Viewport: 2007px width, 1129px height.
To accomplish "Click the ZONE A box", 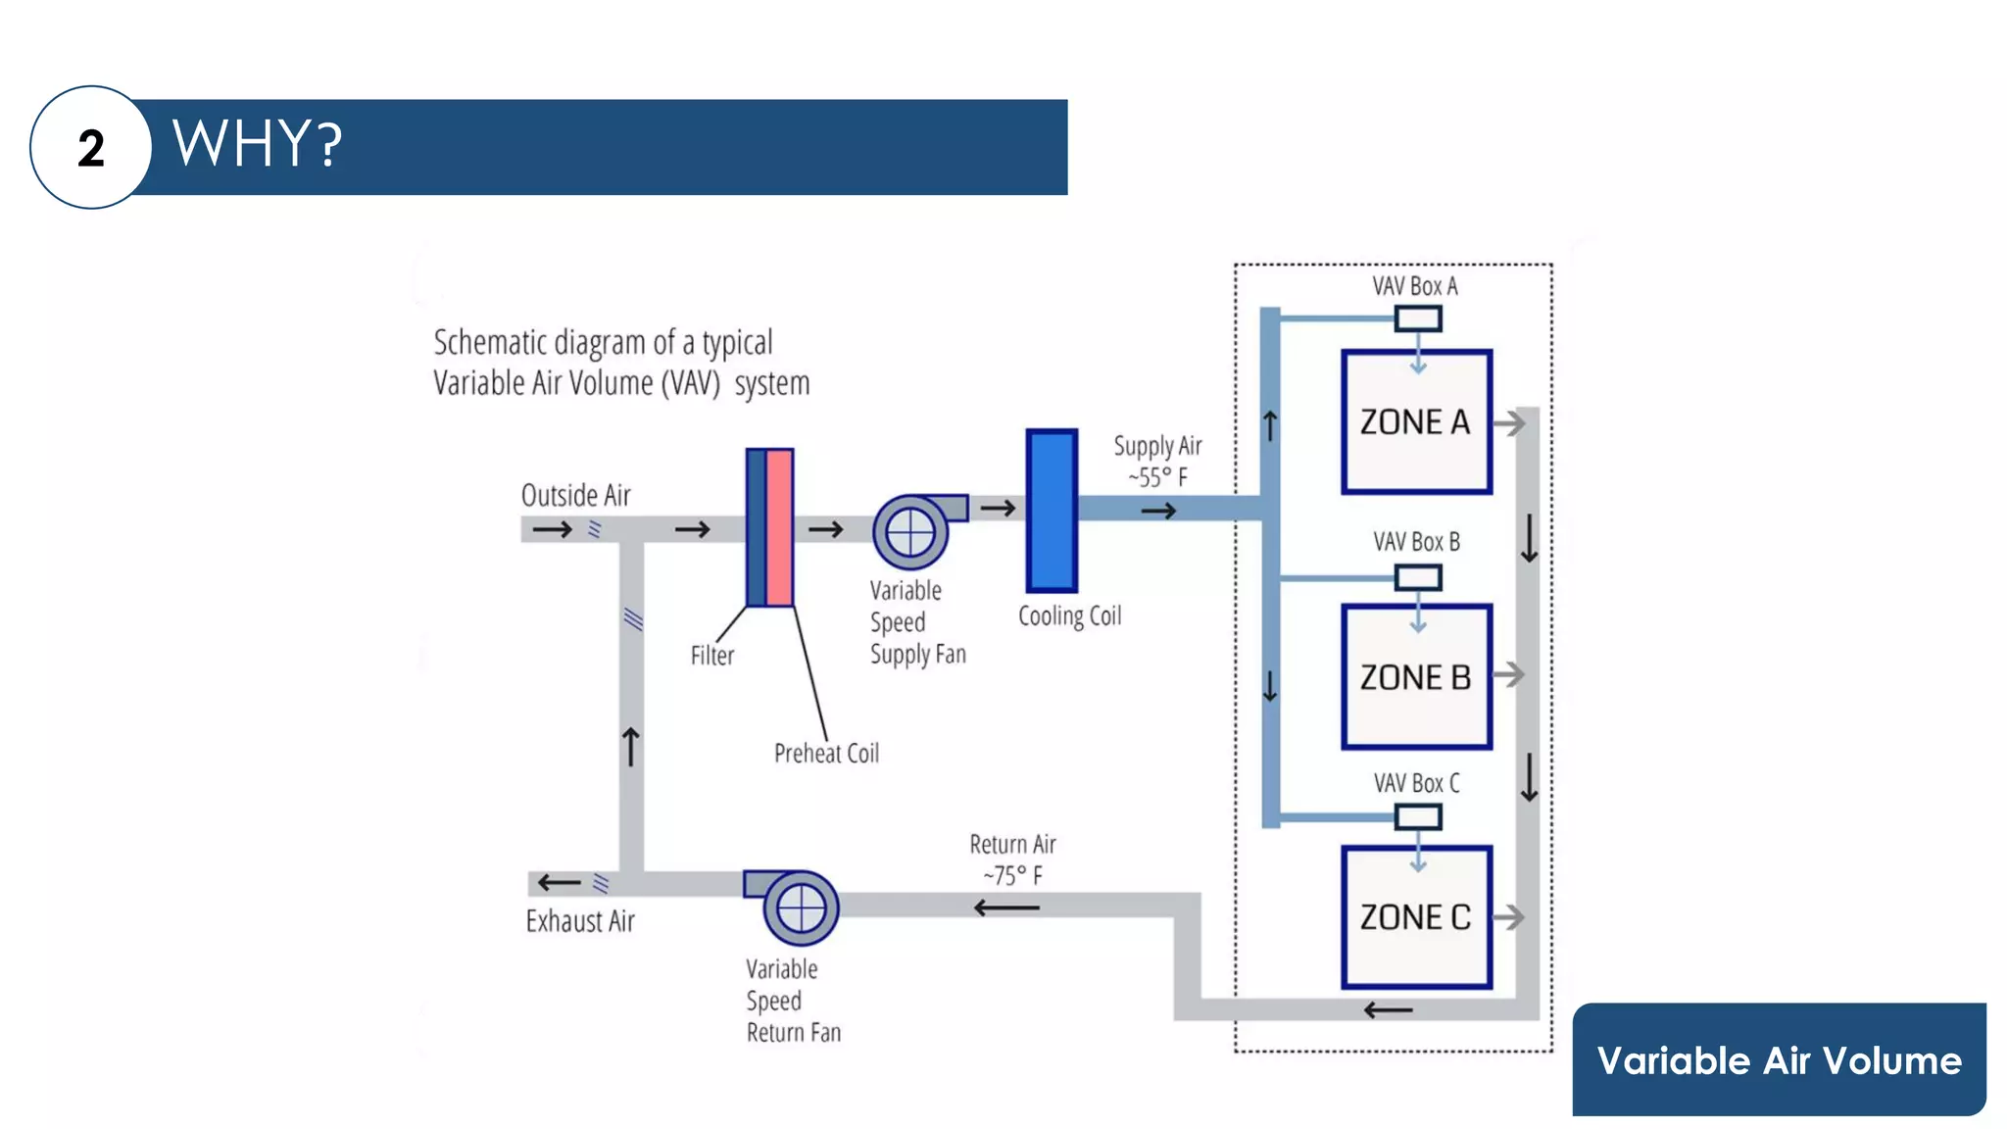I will (x=1416, y=422).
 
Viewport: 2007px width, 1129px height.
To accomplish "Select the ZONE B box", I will (x=1416, y=677).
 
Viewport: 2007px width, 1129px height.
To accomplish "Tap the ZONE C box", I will (x=1416, y=917).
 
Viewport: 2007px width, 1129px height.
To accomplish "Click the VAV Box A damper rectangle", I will (x=1418, y=319).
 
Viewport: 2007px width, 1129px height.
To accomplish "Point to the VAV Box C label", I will (x=1416, y=783).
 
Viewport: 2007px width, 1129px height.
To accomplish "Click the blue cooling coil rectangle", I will (x=1052, y=511).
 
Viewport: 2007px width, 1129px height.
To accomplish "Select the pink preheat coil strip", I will (x=780, y=527).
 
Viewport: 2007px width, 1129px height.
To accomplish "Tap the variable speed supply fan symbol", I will (x=911, y=532).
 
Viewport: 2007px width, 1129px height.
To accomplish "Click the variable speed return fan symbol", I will (x=801, y=908).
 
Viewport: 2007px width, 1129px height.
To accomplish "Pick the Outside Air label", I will (x=576, y=495).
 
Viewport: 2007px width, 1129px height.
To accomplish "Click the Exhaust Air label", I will (x=580, y=921).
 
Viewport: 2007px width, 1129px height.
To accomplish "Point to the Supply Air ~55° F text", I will (x=1157, y=462).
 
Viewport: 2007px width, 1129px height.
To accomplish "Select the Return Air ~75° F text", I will (x=1012, y=859).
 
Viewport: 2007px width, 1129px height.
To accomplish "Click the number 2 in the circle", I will (x=91, y=149).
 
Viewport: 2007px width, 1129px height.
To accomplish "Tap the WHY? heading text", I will (x=257, y=144).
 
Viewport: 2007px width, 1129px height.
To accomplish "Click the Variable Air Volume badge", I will (x=1779, y=1059).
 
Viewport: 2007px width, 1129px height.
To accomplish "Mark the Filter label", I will (x=711, y=655).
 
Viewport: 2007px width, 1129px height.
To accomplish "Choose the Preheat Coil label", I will (x=826, y=753).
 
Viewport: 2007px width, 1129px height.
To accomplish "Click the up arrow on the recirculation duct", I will (x=631, y=747).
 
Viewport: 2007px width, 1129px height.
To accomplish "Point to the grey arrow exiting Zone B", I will (x=1509, y=674).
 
